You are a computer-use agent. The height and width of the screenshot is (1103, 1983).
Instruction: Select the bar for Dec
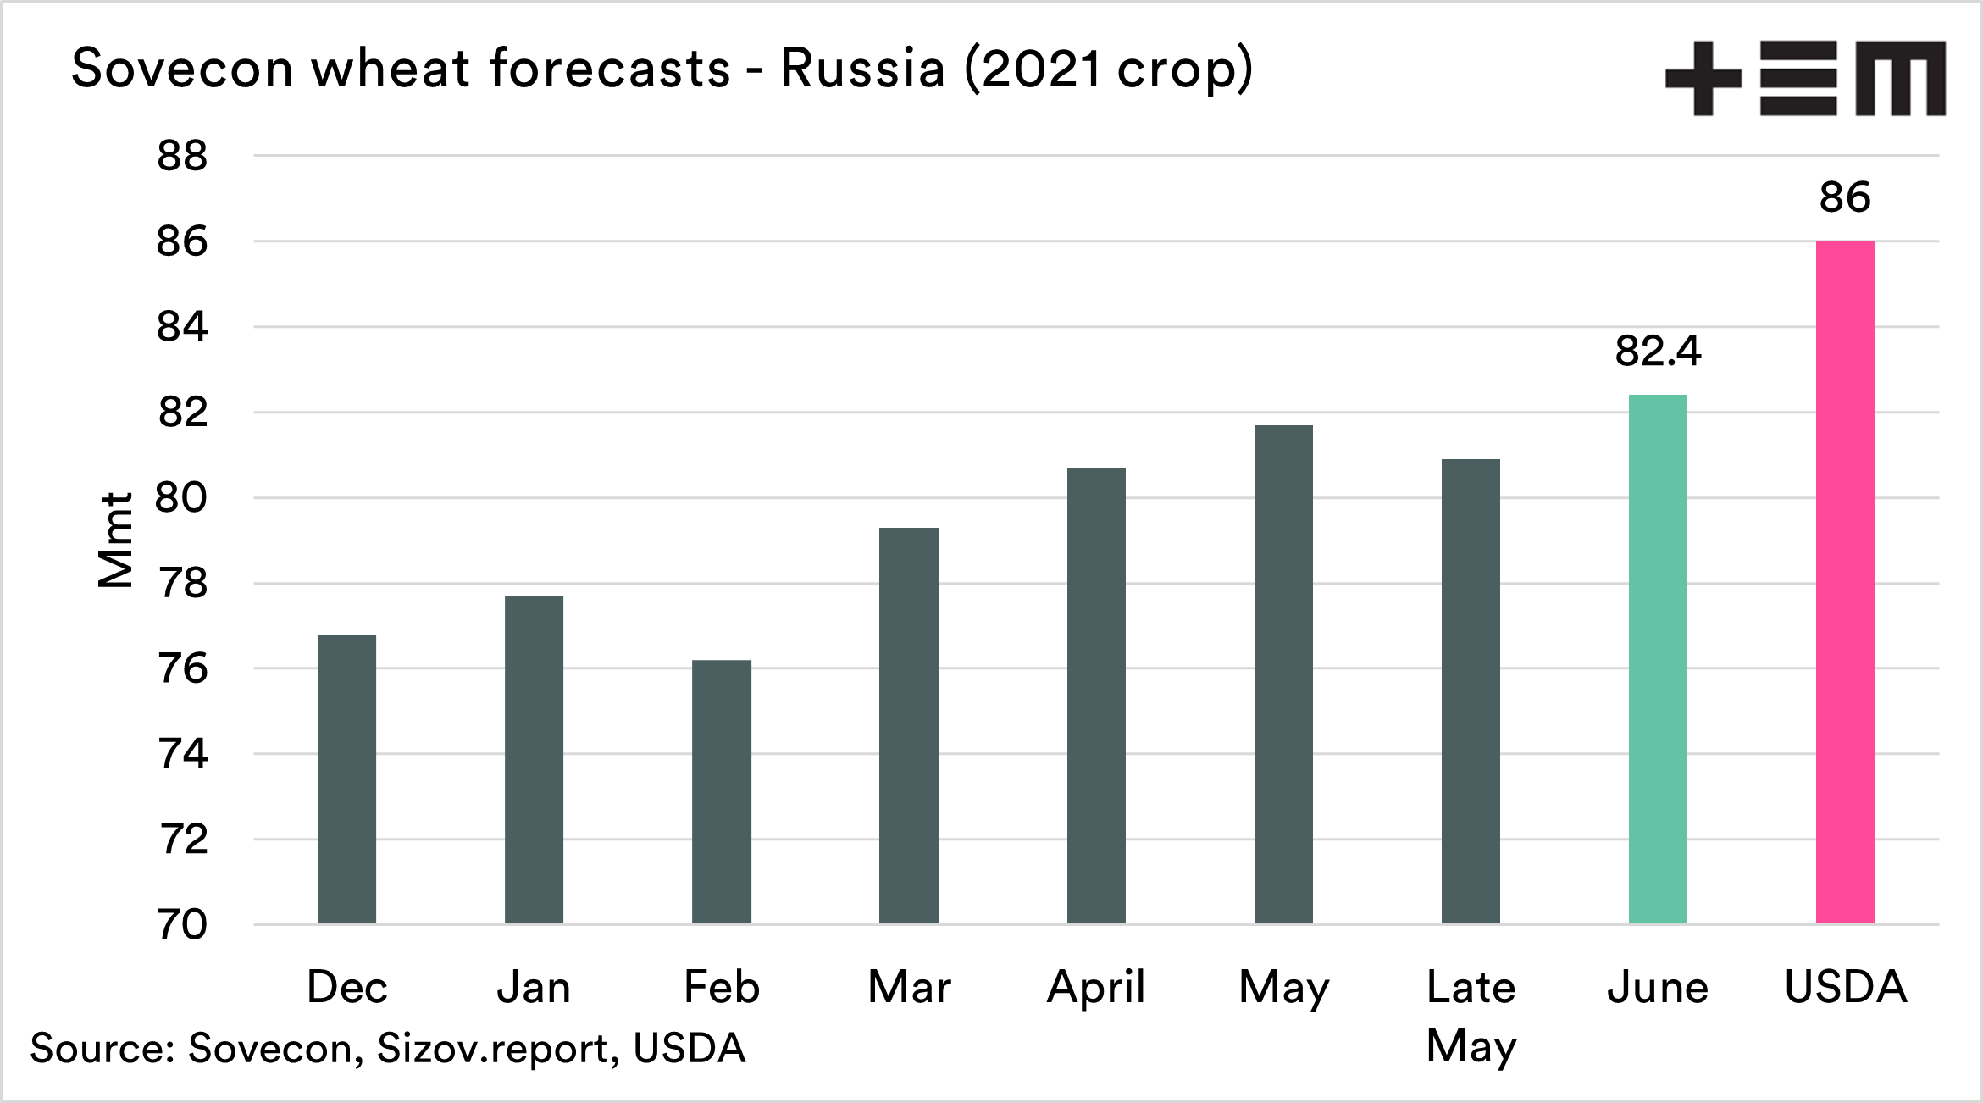pos(346,779)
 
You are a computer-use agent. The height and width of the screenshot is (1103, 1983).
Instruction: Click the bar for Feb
pos(721,791)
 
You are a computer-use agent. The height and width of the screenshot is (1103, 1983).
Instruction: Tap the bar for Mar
pos(909,725)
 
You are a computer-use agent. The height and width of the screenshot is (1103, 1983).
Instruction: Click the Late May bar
pos(1471,691)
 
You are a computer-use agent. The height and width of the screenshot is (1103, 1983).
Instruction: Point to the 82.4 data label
pos(1658,351)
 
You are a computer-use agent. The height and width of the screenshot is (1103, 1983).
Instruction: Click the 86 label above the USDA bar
pos(1845,197)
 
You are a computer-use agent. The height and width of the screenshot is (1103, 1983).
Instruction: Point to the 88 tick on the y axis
pos(182,156)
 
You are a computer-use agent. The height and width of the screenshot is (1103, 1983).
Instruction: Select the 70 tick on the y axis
pos(182,924)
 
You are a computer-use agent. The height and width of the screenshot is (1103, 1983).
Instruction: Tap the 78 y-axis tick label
pos(182,583)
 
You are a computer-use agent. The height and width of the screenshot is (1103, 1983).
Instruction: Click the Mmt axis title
pos(116,540)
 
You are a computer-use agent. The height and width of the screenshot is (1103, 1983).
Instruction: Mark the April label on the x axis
pos(1096,988)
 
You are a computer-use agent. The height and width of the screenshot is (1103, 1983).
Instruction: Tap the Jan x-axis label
pos(534,988)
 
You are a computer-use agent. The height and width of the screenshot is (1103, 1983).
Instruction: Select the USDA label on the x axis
pos(1846,988)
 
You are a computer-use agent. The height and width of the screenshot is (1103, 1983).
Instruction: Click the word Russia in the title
pos(862,68)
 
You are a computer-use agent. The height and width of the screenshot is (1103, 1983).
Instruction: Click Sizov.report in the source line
pos(492,1049)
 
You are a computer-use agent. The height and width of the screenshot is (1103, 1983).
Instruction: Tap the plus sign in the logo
pos(1703,78)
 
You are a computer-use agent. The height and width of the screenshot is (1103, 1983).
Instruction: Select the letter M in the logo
pos(1902,78)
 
